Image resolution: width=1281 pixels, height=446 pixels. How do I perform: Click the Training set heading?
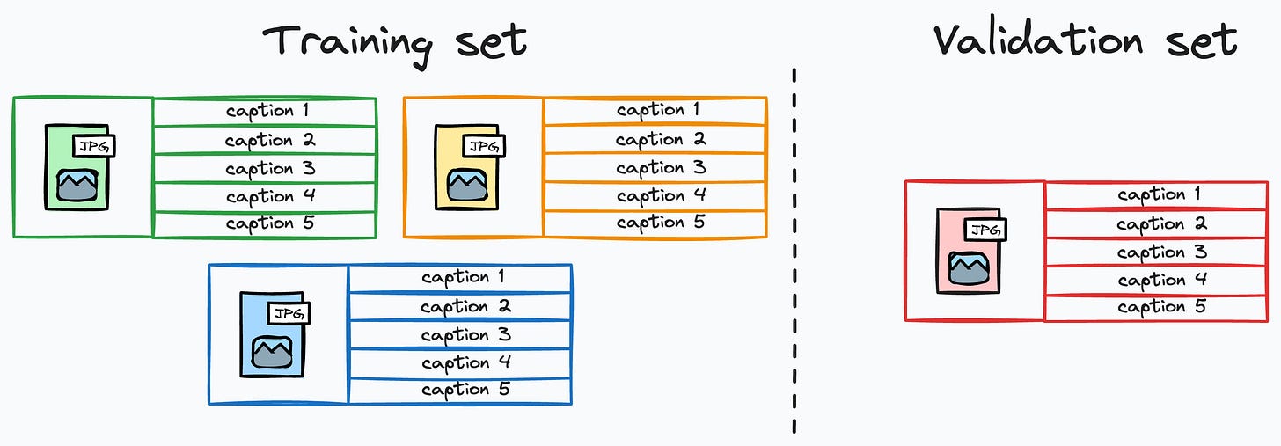(x=394, y=41)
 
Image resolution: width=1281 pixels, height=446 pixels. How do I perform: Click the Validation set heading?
(x=1085, y=41)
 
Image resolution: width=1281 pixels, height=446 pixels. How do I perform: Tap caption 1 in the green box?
(x=266, y=112)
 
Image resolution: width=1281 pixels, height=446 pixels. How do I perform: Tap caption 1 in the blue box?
(x=462, y=278)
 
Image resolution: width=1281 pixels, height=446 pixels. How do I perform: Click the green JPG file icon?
(x=77, y=167)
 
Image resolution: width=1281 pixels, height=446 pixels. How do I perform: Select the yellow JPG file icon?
(x=467, y=167)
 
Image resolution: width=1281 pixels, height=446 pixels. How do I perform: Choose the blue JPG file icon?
(x=272, y=334)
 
